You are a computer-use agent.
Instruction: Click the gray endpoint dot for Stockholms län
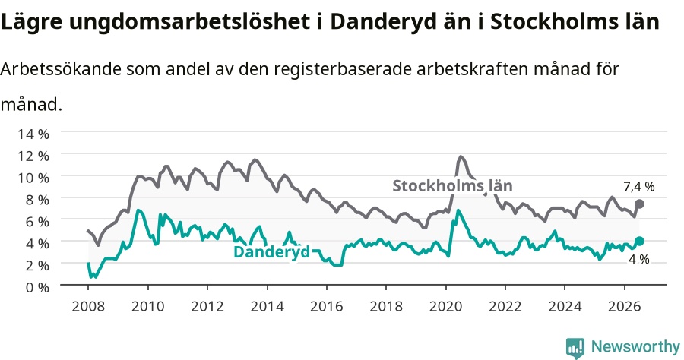click(639, 204)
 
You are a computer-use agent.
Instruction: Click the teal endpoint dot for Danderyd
click(639, 241)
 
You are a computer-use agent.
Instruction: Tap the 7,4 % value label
click(639, 187)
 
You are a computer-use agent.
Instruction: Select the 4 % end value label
click(638, 259)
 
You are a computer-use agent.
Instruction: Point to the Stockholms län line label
click(452, 185)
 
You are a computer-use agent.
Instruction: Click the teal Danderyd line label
click(272, 252)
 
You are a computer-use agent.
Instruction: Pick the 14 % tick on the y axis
click(33, 134)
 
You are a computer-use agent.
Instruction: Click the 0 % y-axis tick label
click(36, 287)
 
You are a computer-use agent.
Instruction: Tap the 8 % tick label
click(37, 200)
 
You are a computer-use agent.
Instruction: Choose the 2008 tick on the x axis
click(88, 306)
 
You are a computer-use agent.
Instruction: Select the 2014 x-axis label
click(267, 306)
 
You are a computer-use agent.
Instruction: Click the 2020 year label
click(446, 306)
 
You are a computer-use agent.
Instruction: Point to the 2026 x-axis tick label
click(625, 306)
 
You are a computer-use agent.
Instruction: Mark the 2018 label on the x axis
click(386, 306)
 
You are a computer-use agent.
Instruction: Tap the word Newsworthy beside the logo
click(635, 347)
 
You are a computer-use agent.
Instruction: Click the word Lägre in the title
click(31, 21)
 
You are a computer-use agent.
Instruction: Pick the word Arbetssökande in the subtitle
click(60, 69)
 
